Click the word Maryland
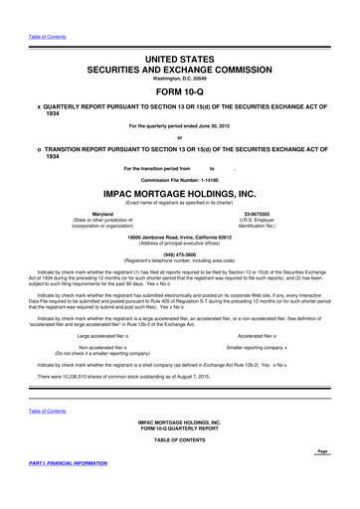[101, 214]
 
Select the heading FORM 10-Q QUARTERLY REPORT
[179, 428]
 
